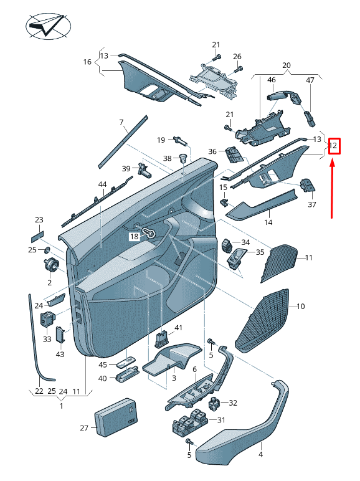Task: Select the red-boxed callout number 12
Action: pyautogui.click(x=334, y=146)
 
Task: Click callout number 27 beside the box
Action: pyautogui.click(x=85, y=428)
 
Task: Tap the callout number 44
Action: pyautogui.click(x=102, y=185)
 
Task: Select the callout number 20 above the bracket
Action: pyautogui.click(x=287, y=65)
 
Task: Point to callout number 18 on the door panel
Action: pyautogui.click(x=135, y=237)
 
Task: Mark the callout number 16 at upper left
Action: pyautogui.click(x=87, y=62)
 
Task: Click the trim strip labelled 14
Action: pyautogui.click(x=262, y=206)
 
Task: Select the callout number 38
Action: pyautogui.click(x=167, y=158)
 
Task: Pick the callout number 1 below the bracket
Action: pyautogui.click(x=61, y=406)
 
